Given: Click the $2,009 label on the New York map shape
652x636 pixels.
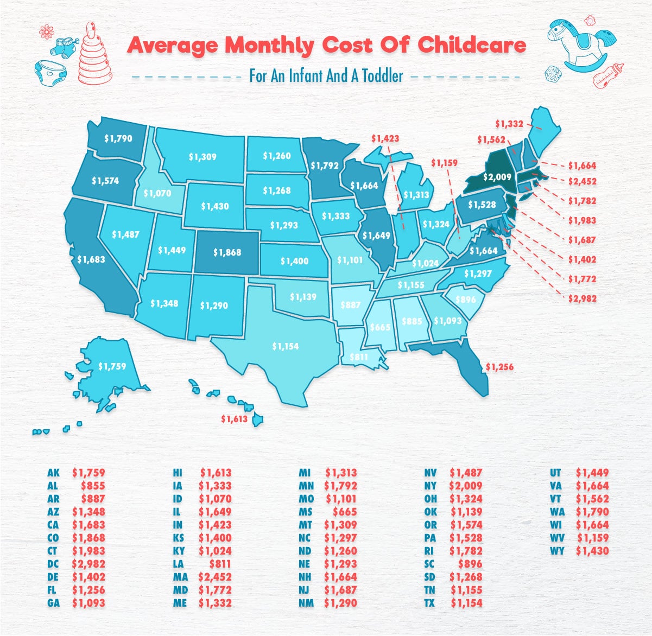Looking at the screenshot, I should click(x=497, y=177).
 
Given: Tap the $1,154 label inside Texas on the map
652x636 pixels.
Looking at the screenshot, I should click(x=285, y=346).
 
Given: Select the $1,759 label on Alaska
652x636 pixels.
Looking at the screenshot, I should click(x=112, y=366).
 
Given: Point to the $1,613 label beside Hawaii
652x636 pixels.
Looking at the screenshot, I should click(x=235, y=419).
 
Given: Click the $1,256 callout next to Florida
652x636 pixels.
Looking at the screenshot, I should click(x=499, y=367).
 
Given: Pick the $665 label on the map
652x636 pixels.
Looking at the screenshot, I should click(x=379, y=328).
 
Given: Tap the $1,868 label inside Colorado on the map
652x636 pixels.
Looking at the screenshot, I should click(x=227, y=252).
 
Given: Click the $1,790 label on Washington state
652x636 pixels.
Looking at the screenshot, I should click(x=118, y=138).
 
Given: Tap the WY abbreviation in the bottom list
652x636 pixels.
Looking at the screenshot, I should click(x=556, y=551).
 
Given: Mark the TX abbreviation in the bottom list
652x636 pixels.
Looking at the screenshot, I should click(x=429, y=603).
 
